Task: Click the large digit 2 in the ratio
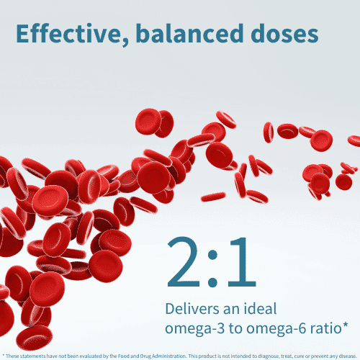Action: (189, 261)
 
